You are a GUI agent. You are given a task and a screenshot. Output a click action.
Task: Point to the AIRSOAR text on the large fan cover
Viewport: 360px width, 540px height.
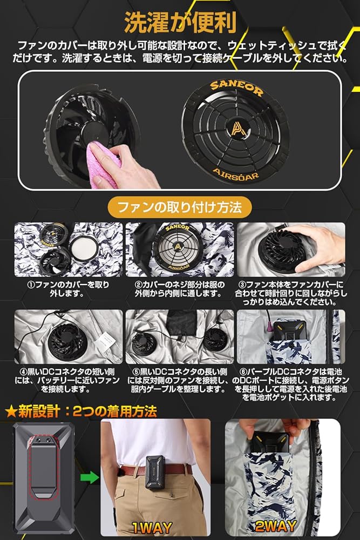coord(235,174)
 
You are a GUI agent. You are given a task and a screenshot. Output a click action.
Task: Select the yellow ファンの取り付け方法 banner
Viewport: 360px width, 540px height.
coord(180,206)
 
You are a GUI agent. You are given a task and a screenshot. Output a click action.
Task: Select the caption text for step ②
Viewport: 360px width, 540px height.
coord(180,289)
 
